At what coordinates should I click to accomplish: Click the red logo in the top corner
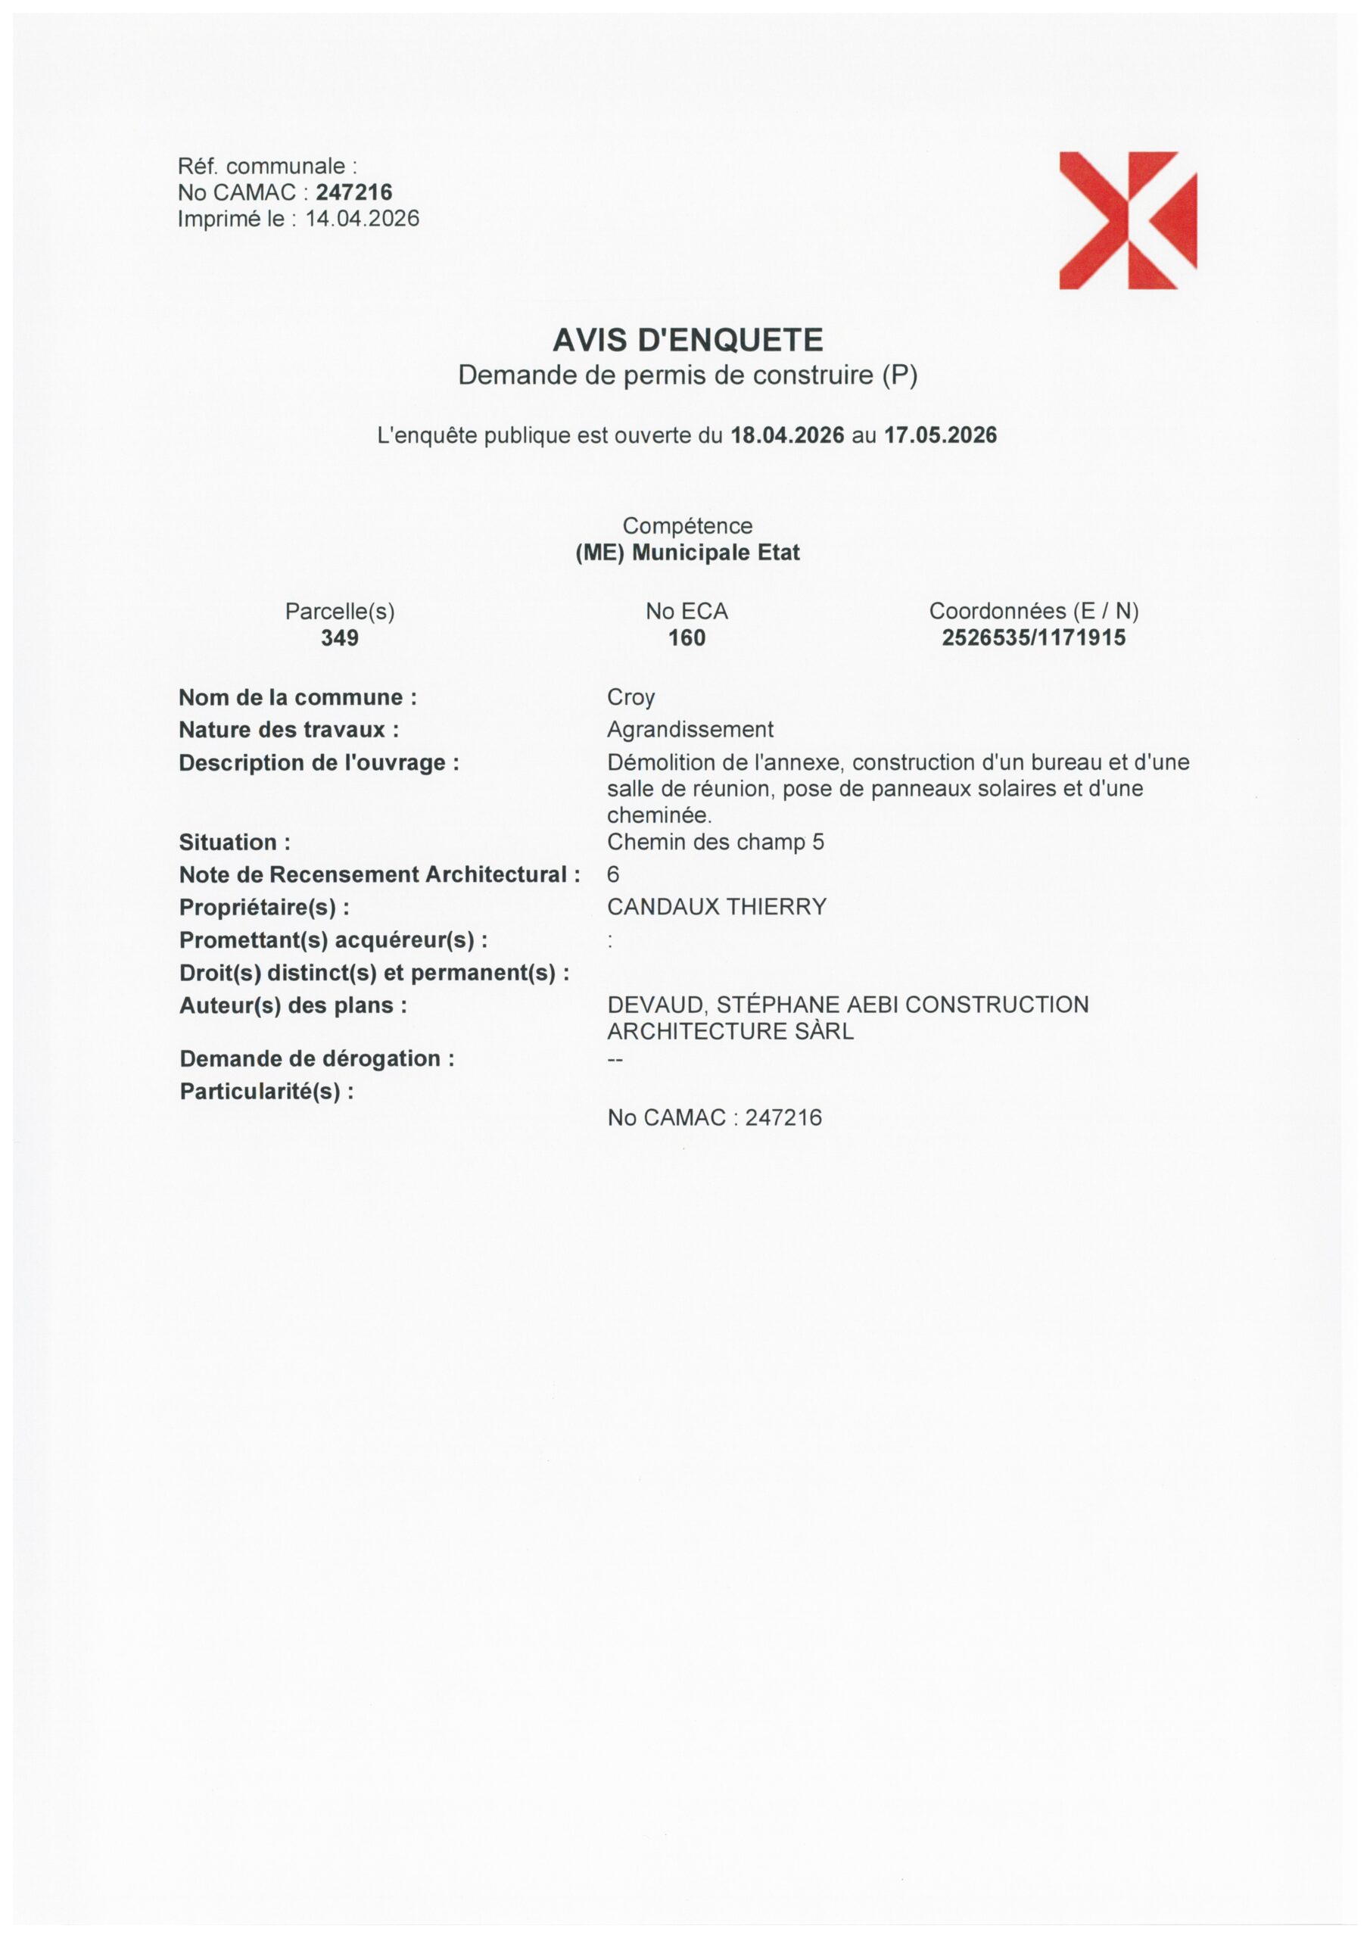click(x=1127, y=220)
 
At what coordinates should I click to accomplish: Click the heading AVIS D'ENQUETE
click(x=687, y=340)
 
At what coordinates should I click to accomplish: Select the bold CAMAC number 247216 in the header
click(x=353, y=192)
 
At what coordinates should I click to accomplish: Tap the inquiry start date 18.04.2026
click(x=786, y=435)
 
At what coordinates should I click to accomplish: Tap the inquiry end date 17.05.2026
click(x=940, y=435)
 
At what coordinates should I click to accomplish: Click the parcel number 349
click(x=339, y=638)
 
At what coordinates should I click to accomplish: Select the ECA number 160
click(x=687, y=638)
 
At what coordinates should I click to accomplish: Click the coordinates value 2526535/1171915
click(x=1033, y=638)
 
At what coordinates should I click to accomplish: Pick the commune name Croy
click(x=631, y=698)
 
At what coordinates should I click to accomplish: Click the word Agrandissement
click(x=690, y=729)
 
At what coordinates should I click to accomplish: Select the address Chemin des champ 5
click(x=715, y=842)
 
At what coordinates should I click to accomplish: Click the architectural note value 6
click(x=613, y=874)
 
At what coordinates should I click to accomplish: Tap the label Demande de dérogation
click(x=316, y=1058)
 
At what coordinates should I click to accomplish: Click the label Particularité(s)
click(x=266, y=1092)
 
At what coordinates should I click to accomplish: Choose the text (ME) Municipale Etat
click(x=687, y=553)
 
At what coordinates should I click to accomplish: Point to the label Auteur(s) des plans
click(x=292, y=1005)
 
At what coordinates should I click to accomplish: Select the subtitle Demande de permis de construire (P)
click(x=687, y=375)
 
